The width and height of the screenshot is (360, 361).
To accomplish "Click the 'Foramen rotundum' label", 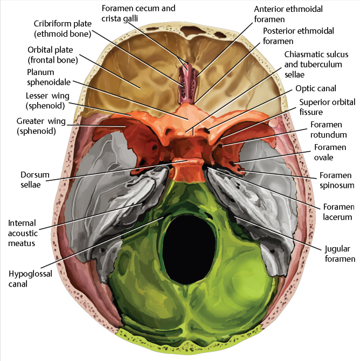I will coord(329,130).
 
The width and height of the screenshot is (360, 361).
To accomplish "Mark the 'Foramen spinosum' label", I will coord(336,180).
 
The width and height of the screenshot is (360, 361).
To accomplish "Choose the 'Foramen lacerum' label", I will coord(338,212).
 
